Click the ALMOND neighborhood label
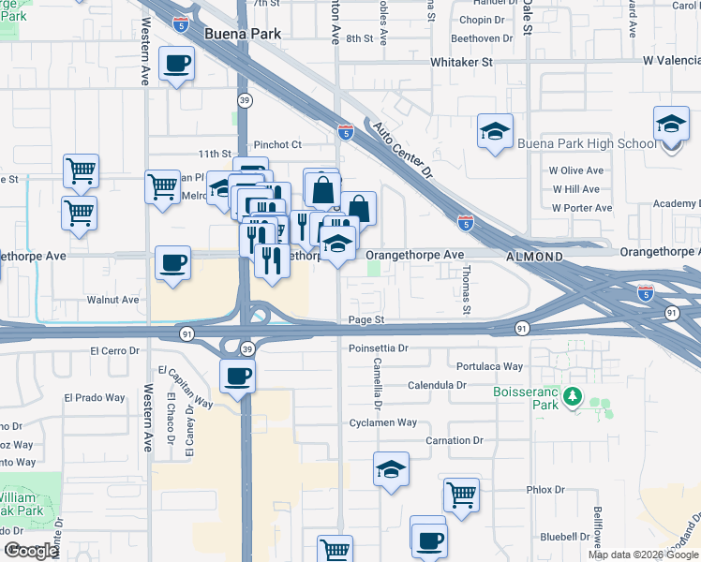click(534, 256)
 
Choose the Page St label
click(366, 319)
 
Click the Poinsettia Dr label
click(379, 348)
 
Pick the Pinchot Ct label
click(277, 144)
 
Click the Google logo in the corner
click(30, 551)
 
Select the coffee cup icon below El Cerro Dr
click(237, 377)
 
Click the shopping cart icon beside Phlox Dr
click(461, 494)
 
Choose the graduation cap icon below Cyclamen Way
click(391, 469)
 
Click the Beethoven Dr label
click(483, 38)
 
